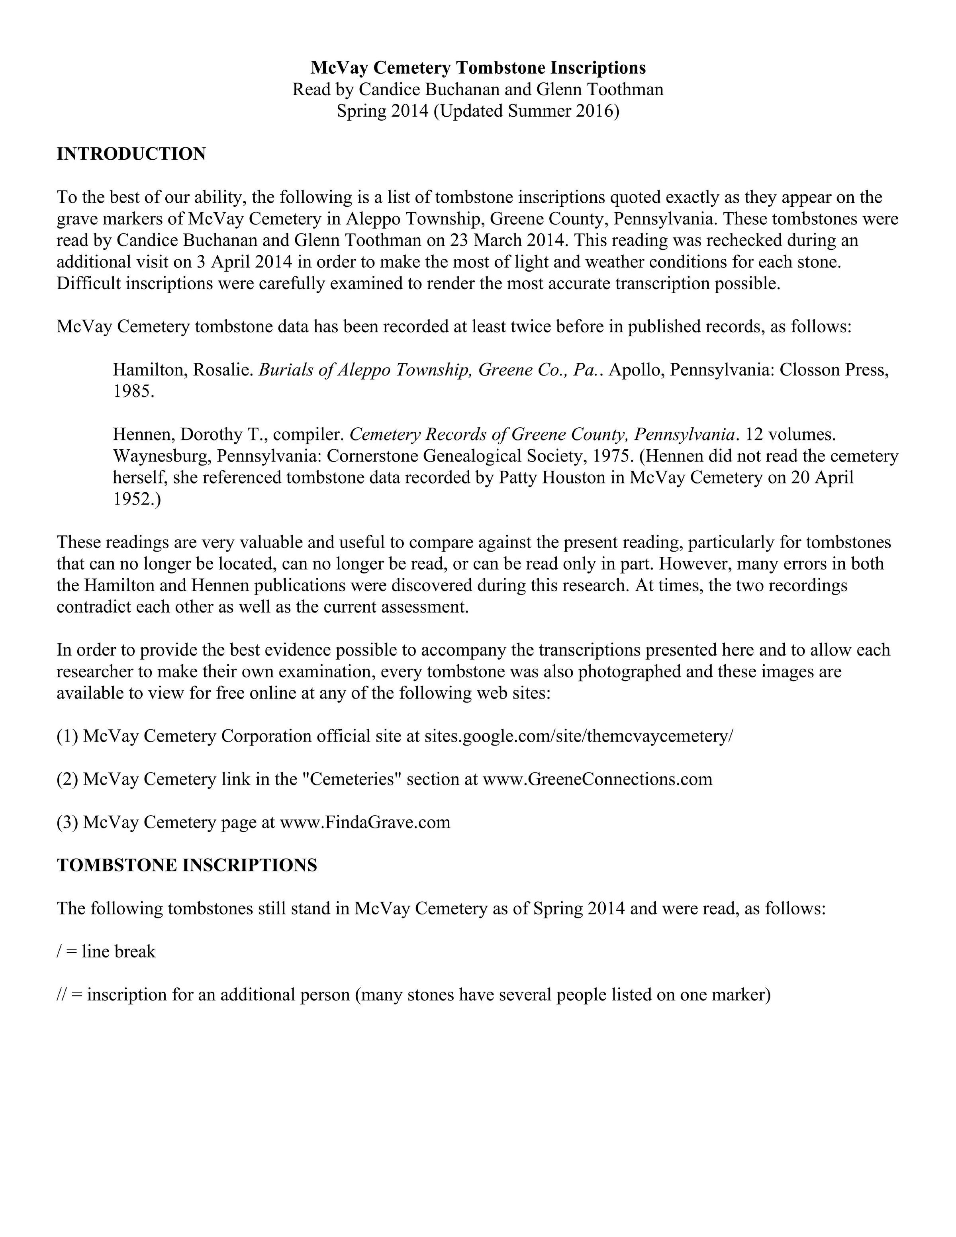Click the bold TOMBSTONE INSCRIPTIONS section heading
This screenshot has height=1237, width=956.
tap(186, 865)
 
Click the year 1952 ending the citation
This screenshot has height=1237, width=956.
tap(134, 499)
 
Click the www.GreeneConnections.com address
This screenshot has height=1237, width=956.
tap(597, 779)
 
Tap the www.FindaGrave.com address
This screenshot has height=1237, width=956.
tap(365, 822)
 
